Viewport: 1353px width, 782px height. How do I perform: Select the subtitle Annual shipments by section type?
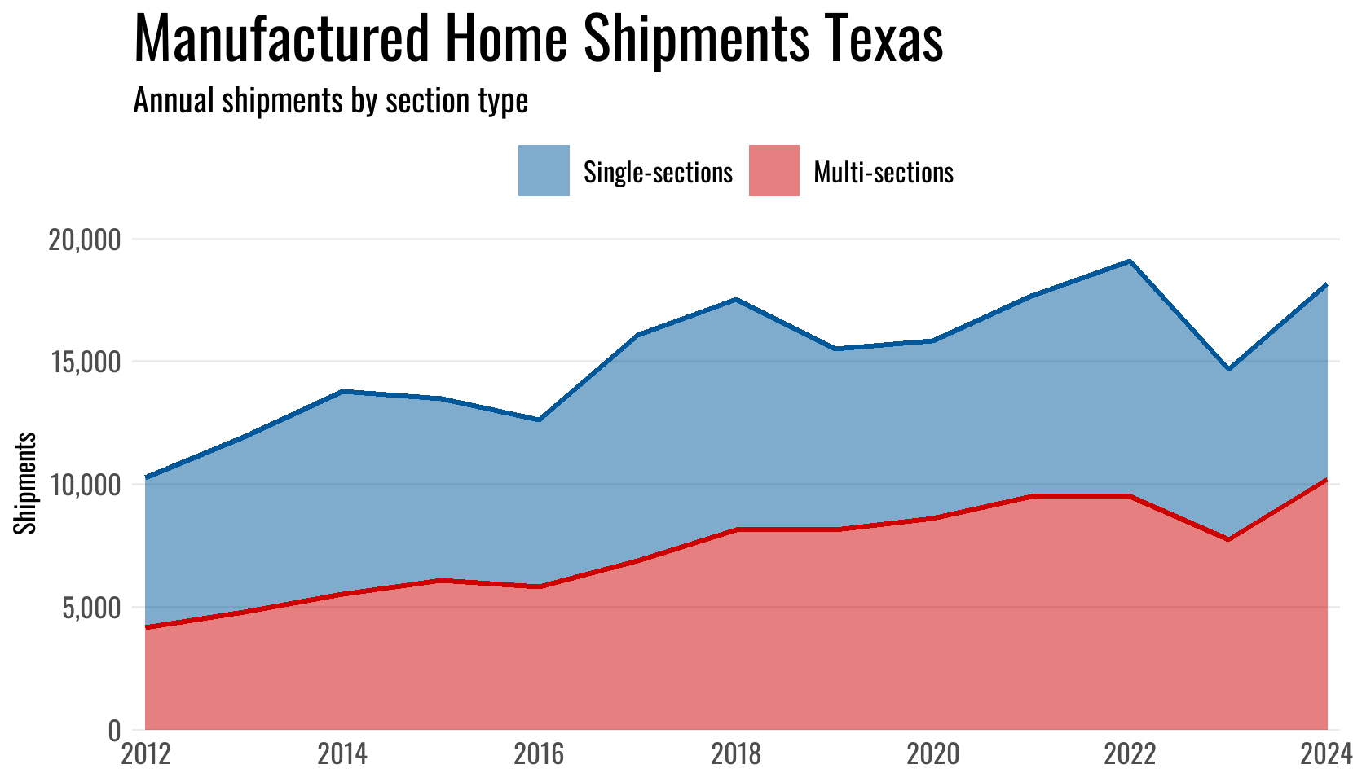pos(330,101)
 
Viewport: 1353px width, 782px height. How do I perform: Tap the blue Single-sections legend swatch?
pos(544,171)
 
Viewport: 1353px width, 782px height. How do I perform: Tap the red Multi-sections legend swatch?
pos(773,171)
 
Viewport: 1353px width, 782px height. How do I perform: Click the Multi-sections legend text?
pos(884,173)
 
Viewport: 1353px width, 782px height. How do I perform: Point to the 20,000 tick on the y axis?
pos(80,240)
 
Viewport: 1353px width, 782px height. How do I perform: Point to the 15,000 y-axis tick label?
pos(80,362)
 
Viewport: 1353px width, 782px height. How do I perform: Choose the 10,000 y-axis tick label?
pos(80,485)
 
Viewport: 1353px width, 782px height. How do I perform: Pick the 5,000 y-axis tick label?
pos(85,608)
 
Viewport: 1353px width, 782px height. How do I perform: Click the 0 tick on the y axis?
pos(114,731)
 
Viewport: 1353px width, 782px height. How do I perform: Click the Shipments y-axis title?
pos(26,483)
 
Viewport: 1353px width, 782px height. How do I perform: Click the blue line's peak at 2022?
pos(1130,261)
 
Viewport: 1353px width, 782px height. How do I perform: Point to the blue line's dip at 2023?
pos(1228,370)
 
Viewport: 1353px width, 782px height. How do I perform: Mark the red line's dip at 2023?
pos(1228,540)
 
